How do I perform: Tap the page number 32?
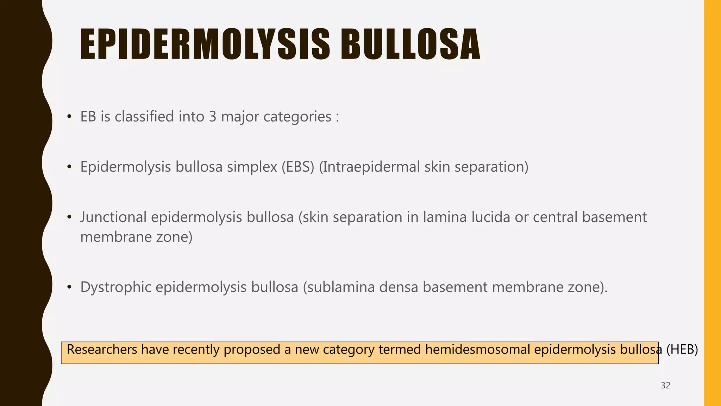(x=665, y=386)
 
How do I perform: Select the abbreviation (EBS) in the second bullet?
(x=298, y=167)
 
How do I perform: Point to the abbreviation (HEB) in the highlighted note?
(x=682, y=350)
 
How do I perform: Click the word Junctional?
(x=113, y=217)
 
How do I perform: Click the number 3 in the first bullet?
(x=212, y=117)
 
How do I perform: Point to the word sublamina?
(x=338, y=287)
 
